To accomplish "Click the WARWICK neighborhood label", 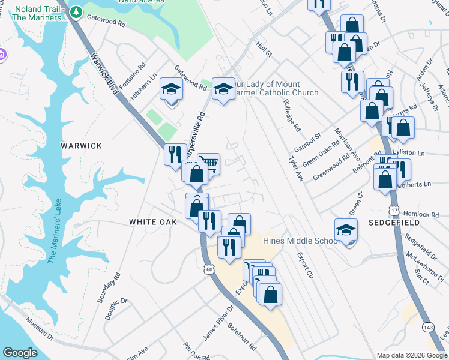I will (x=82, y=146).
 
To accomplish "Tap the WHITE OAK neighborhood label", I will (x=153, y=222).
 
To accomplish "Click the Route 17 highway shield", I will (x=394, y=211).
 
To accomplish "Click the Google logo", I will (x=20, y=353).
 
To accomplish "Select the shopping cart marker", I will (x=208, y=163).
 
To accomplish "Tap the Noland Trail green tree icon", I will (x=76, y=12).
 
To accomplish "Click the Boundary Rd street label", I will (x=109, y=288).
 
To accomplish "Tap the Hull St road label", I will (x=264, y=50).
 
